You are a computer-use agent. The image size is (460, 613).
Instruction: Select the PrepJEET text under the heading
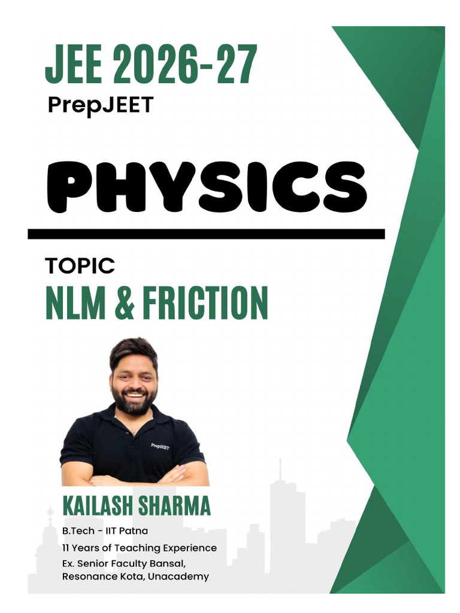(100, 105)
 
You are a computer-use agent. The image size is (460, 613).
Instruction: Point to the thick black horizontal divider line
(206, 233)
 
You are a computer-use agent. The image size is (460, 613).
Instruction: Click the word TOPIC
(80, 266)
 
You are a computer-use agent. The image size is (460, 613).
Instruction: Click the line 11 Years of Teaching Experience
(139, 548)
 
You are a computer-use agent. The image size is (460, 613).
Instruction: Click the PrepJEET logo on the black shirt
(160, 446)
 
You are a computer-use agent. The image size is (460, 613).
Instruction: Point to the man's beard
(134, 405)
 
